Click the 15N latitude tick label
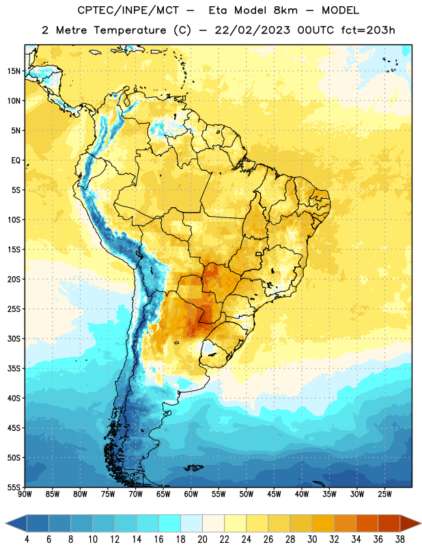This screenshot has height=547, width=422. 14,71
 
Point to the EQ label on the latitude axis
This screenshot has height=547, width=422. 16,161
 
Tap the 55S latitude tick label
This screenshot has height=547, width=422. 14,487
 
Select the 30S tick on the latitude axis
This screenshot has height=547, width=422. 14,338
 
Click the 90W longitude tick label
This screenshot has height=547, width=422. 25,494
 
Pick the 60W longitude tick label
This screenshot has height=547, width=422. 191,494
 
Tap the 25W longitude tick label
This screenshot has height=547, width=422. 384,494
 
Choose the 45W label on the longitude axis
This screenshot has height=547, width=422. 275,494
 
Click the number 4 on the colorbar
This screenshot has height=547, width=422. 27,539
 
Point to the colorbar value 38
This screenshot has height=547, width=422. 399,539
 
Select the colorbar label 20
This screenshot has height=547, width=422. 202,539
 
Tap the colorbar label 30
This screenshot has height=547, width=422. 312,539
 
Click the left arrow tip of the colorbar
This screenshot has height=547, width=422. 5,523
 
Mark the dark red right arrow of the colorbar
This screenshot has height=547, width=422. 410,523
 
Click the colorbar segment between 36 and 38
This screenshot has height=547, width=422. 389,523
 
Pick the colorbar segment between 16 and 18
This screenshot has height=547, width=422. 170,523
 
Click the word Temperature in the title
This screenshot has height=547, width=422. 130,30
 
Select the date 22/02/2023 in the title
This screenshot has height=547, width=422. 252,30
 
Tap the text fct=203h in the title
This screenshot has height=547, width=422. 368,30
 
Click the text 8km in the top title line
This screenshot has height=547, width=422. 285,10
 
